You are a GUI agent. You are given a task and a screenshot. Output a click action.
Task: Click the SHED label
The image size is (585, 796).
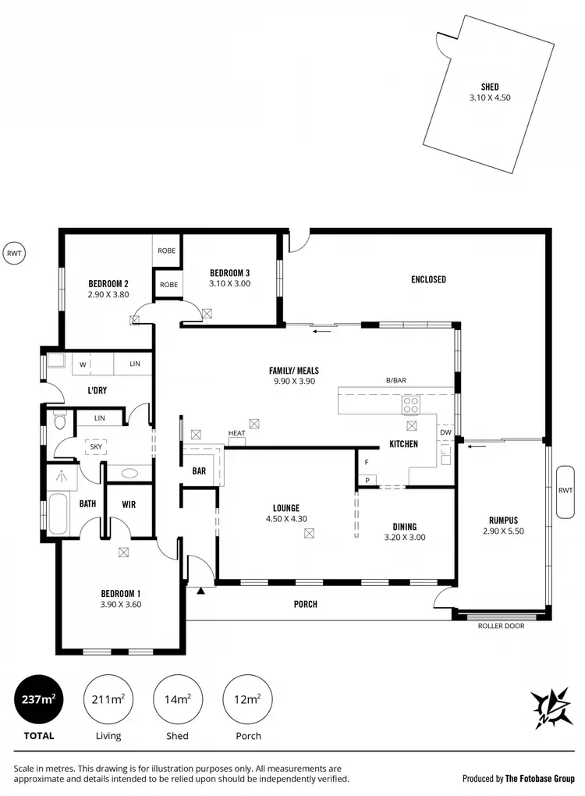490,87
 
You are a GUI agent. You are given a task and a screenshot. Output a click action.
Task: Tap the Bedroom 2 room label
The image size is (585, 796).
108,283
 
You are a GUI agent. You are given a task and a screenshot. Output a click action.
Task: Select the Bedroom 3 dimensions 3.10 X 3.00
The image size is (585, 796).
230,284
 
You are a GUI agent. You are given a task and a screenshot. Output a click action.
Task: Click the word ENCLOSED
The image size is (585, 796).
428,279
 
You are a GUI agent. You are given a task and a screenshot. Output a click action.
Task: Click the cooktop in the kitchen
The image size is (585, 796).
411,404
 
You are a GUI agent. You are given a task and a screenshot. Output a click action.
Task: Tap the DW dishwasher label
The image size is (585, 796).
445,432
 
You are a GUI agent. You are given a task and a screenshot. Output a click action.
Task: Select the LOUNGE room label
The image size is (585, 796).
286,508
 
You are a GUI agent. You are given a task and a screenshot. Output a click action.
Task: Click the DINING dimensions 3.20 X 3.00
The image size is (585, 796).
405,537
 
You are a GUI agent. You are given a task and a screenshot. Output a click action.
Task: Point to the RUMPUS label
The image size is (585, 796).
503,521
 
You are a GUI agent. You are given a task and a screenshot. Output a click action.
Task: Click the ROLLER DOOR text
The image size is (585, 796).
501,626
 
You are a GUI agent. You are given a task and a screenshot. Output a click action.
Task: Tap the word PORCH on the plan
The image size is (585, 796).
306,604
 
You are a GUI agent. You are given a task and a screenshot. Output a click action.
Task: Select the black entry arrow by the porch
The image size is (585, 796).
201,591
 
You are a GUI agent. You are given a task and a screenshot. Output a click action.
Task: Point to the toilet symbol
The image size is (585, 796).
60,422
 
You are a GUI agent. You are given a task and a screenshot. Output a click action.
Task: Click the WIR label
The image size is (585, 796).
129,505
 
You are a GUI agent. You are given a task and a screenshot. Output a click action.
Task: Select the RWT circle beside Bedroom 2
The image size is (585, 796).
14,252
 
